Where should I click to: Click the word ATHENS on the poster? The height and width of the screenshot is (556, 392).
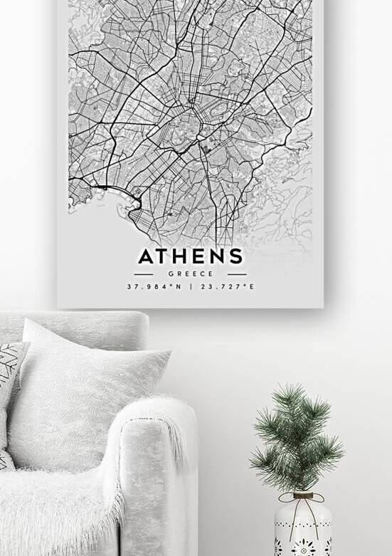tap(190, 256)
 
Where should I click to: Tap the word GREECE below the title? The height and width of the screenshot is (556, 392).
tap(190, 273)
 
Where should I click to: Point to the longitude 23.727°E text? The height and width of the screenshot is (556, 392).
tap(228, 287)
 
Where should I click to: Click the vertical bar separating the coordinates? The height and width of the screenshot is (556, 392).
tap(190, 287)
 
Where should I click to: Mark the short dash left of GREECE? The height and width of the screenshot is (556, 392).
tap(144, 273)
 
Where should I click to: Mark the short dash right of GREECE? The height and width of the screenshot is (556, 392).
tap(237, 273)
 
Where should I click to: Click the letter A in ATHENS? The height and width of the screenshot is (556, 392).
tap(146, 256)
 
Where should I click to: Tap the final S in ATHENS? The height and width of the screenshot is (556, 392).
tap(236, 256)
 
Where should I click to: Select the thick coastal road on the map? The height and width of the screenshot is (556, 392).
tap(107, 188)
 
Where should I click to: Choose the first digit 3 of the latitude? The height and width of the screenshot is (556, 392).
tap(129, 287)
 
